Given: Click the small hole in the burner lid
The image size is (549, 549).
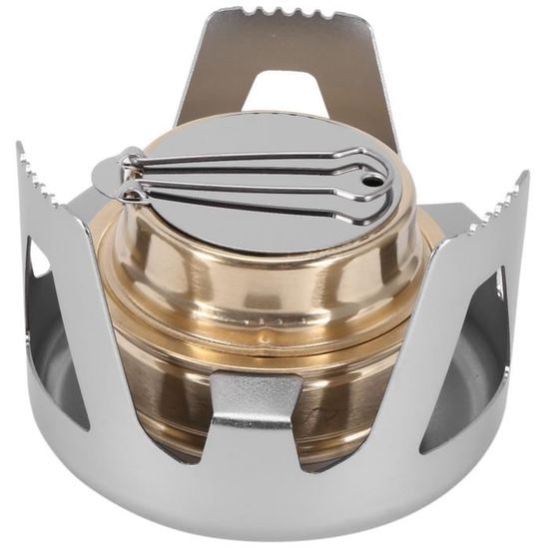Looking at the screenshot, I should pos(371,184).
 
